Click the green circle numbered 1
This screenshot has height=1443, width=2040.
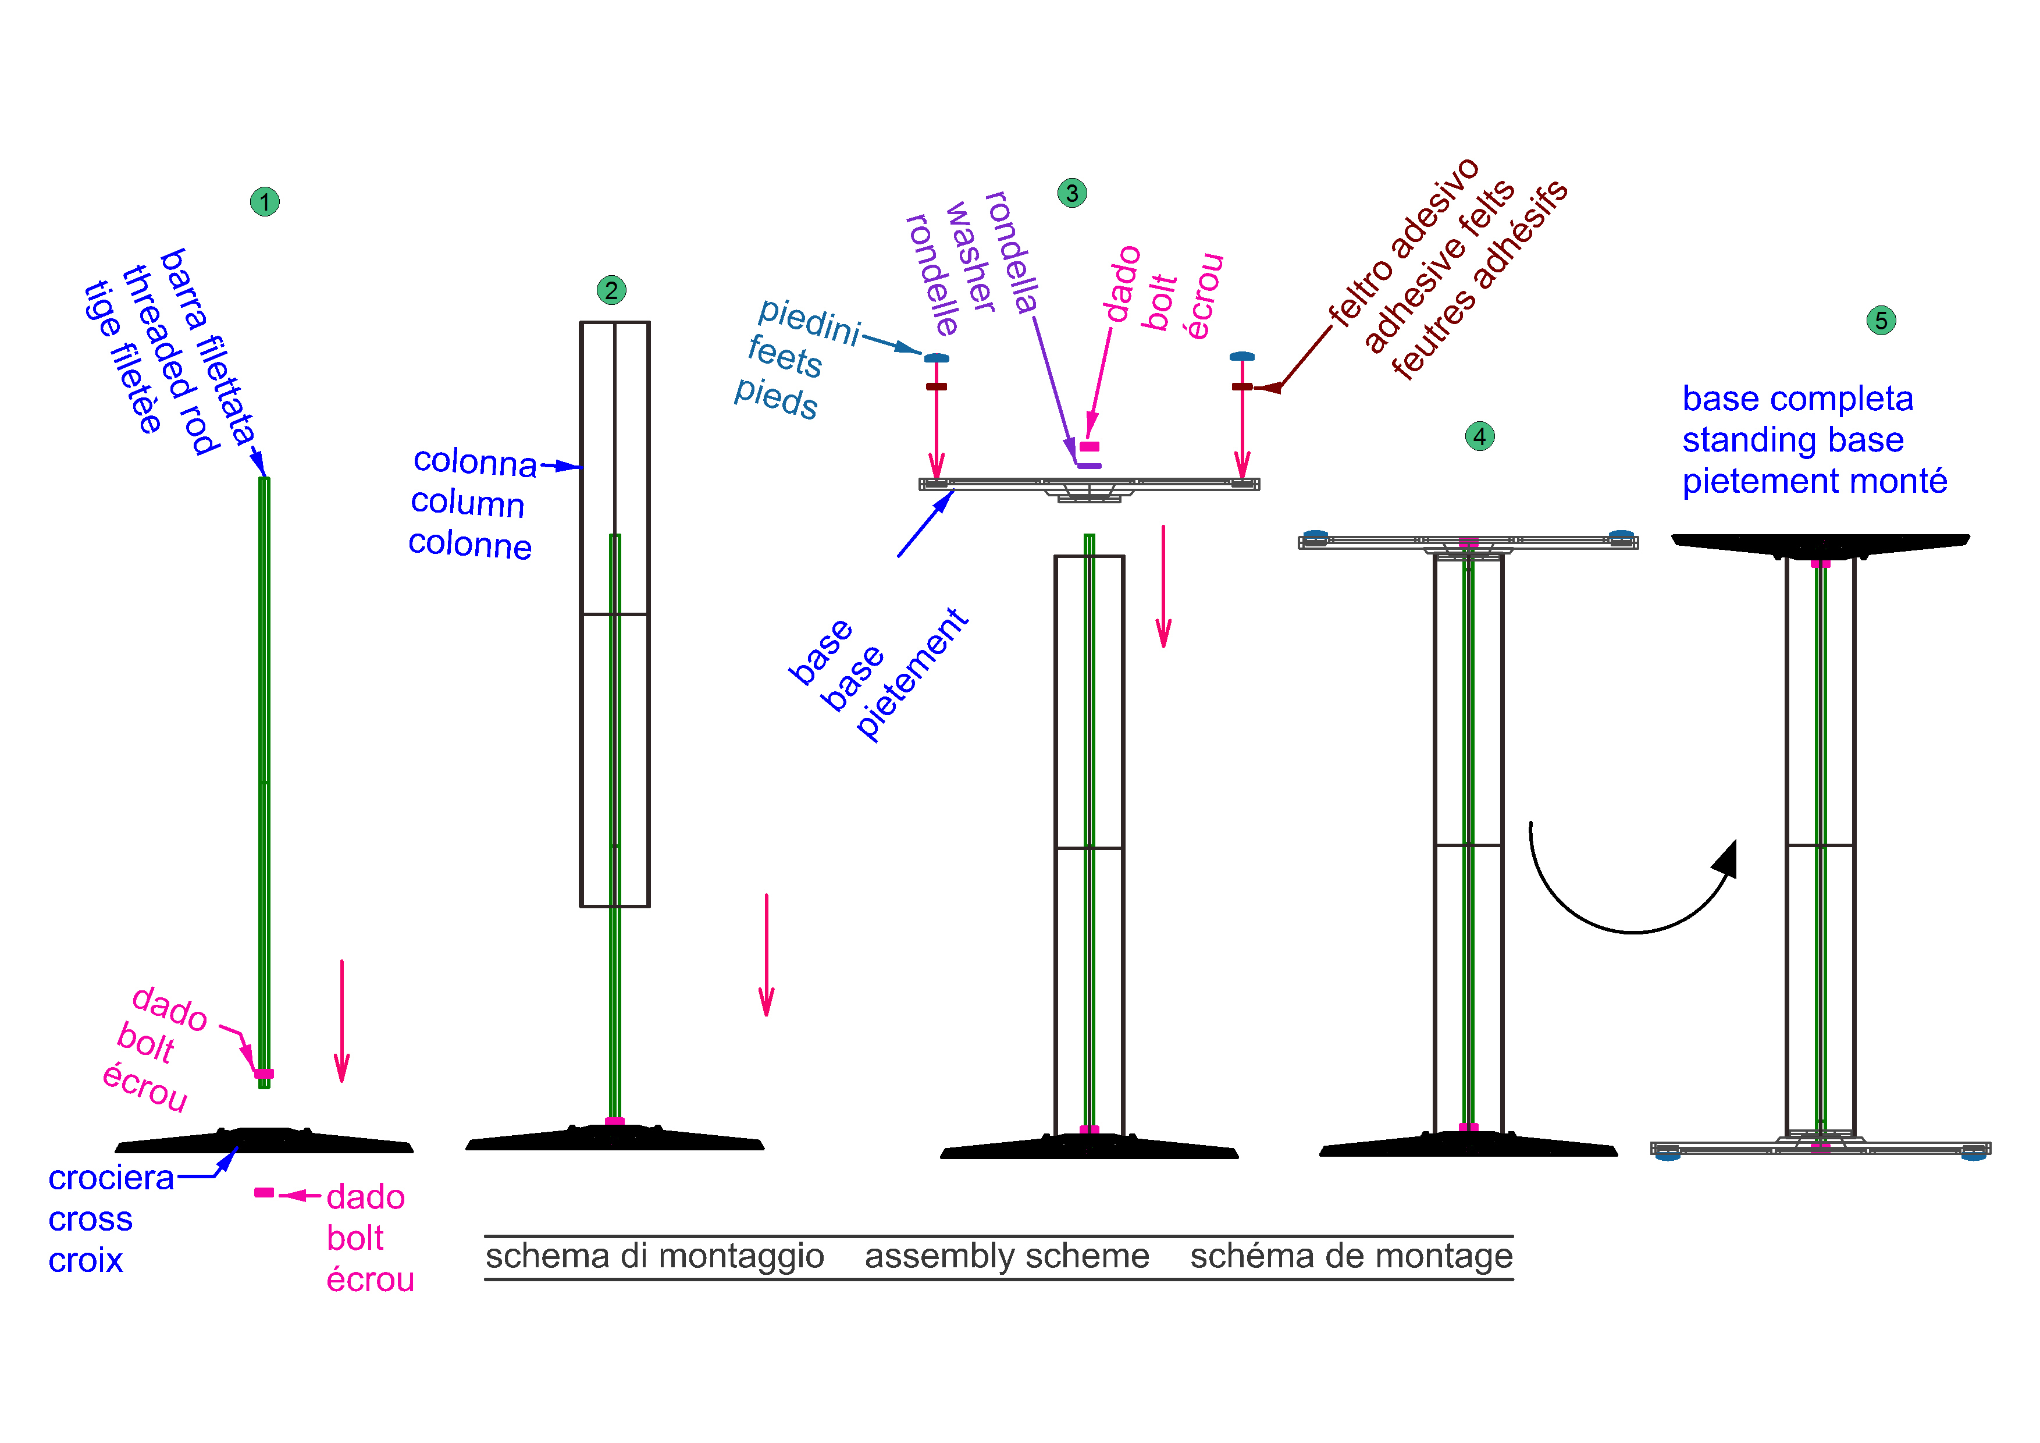click(265, 202)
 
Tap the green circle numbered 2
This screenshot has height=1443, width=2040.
click(611, 290)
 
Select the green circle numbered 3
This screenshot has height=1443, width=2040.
click(1073, 193)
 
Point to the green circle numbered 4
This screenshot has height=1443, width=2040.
click(1479, 436)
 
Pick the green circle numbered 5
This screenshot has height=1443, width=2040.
click(1881, 320)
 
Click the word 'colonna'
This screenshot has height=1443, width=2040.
click(475, 462)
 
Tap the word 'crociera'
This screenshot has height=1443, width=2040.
click(111, 1178)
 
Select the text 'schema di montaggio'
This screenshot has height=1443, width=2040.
click(655, 1256)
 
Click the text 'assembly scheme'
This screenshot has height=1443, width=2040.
click(1007, 1256)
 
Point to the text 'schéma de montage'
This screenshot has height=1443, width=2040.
click(1351, 1256)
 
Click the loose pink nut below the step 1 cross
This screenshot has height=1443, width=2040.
click(264, 1192)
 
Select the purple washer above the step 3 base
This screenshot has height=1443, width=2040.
click(1090, 465)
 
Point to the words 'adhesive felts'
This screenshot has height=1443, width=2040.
click(1439, 266)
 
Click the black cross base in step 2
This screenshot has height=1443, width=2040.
click(615, 1138)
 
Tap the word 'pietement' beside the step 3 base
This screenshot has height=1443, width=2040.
click(912, 674)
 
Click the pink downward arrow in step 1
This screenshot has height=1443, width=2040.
click(342, 1021)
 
